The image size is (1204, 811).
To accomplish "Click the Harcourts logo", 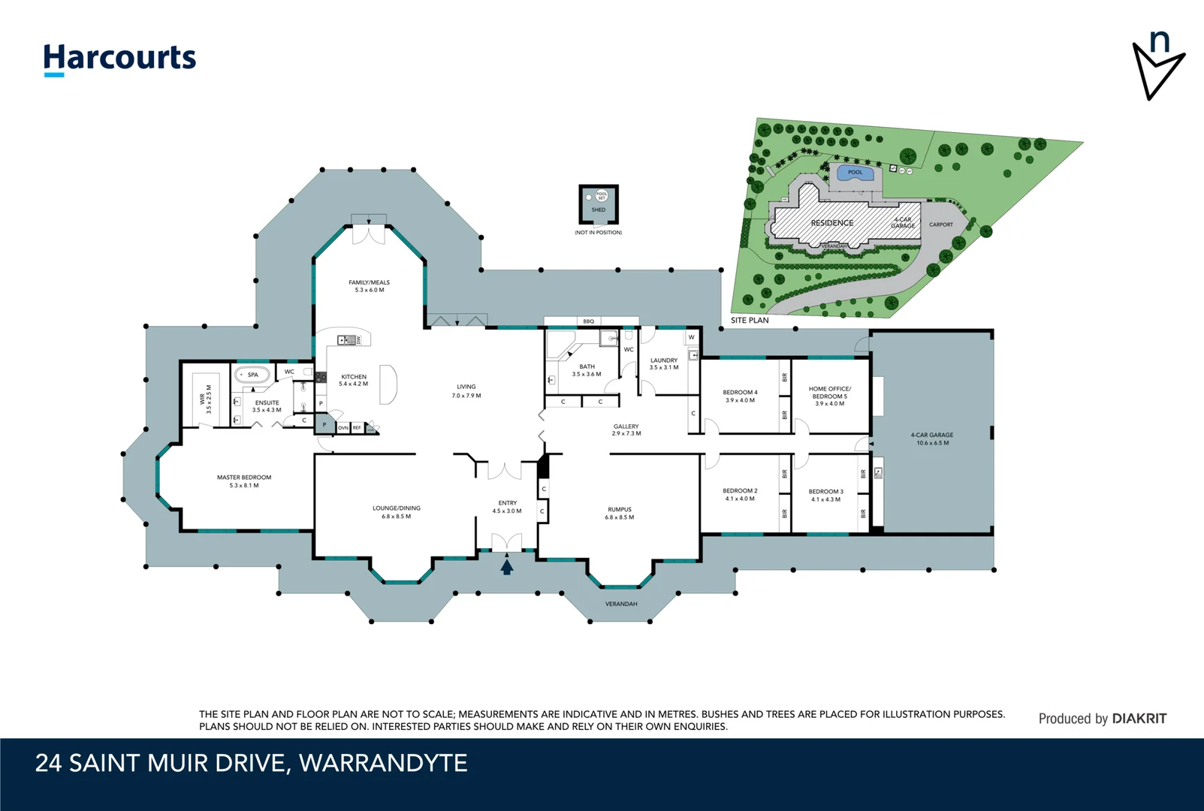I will tap(119, 59).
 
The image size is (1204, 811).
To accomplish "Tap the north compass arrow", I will tap(1157, 66).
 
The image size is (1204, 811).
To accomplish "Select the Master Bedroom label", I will tap(244, 481).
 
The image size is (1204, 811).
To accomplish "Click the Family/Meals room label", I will tap(369, 286).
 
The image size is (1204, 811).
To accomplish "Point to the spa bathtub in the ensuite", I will tap(252, 375).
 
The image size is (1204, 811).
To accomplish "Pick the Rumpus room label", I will tap(620, 513).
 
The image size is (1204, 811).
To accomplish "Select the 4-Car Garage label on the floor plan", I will tap(932, 439).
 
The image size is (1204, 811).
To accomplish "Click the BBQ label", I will tap(589, 321).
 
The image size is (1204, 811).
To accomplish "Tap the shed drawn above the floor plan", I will tap(599, 204).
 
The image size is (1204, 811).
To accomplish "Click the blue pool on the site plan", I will tap(855, 174).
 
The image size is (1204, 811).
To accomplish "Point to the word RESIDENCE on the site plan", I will tap(831, 223).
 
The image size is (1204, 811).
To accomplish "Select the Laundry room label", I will tap(664, 363).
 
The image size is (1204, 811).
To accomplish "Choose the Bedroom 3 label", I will tap(826, 495).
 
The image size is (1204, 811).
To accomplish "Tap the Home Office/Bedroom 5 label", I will tap(829, 396).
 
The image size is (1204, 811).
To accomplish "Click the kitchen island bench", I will tap(388, 384).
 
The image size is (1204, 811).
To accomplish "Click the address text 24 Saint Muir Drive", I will tap(251, 763).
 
